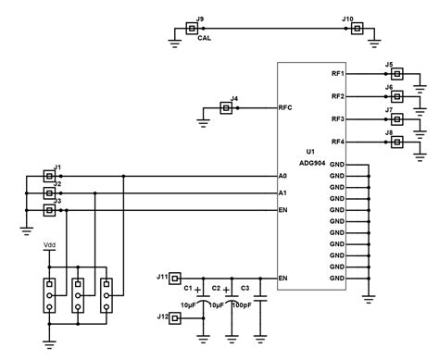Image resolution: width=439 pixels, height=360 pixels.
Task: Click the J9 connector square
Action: click(192, 30)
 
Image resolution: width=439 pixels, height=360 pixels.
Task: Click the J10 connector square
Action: click(356, 30)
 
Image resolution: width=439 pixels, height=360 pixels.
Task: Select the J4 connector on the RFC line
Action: click(225, 108)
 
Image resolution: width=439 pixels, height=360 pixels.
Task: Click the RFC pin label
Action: click(285, 108)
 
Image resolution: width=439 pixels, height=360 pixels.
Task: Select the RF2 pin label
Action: click(337, 96)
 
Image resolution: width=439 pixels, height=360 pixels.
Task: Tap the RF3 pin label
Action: click(337, 119)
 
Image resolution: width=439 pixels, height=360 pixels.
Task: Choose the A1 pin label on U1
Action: click(282, 193)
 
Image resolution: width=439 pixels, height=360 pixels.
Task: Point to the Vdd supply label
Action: click(50, 246)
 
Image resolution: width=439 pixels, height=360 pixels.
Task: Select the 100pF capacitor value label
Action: click(243, 304)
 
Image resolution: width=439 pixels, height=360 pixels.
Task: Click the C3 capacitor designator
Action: click(245, 289)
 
